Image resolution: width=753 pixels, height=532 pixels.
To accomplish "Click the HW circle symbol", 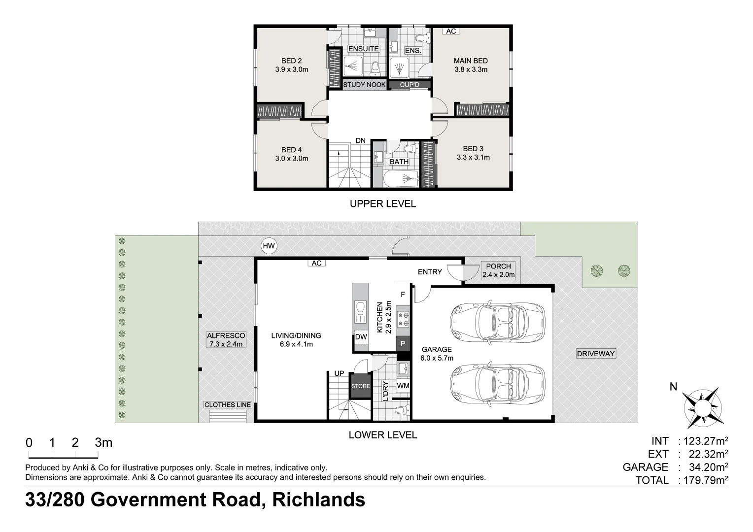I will [269, 246].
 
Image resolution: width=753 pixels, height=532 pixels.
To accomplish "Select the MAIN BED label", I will [471, 61].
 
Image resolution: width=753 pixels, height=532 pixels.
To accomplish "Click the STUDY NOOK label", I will [364, 85].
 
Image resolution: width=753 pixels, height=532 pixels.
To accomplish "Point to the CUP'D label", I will [410, 85].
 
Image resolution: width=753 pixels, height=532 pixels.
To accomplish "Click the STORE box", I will [360, 386].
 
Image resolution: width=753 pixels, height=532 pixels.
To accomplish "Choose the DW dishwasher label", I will [361, 337].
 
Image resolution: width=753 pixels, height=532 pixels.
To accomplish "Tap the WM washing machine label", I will [403, 386].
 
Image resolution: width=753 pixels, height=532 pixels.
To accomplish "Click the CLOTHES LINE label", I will [228, 404].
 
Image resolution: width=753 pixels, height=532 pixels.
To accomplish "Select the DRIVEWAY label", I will [596, 353].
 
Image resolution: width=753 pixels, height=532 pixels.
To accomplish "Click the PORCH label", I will [498, 266].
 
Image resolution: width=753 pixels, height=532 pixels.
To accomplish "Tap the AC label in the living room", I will [316, 263].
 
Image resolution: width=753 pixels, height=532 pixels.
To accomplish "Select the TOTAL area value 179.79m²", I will [703, 480].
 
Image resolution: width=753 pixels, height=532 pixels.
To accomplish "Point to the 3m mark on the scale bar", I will [103, 443].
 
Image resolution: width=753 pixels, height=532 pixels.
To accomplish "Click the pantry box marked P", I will [403, 343].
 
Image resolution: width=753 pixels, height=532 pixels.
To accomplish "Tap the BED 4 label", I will [291, 150].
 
